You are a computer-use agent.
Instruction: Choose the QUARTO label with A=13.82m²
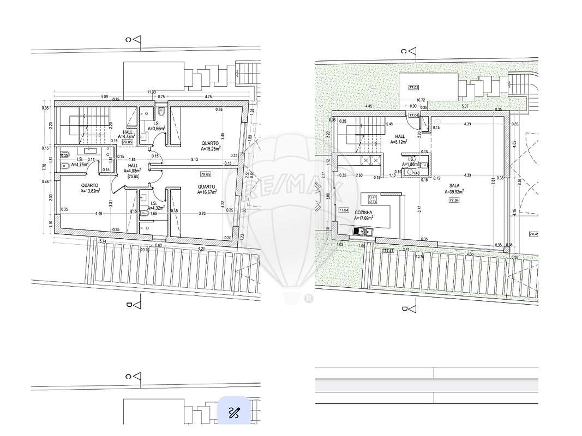91,185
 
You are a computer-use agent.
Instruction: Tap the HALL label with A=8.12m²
400,137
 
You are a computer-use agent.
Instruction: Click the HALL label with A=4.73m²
128,132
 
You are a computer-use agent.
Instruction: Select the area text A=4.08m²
131,170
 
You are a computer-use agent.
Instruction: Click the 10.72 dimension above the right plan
421,100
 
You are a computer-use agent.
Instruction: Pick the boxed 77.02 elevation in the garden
413,87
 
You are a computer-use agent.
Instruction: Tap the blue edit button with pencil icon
235,412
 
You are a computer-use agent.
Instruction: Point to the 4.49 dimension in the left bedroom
99,214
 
